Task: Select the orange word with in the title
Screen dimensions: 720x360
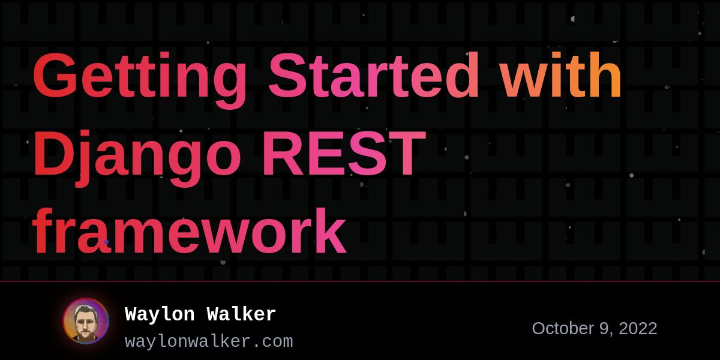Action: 561,74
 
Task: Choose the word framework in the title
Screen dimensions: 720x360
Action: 190,231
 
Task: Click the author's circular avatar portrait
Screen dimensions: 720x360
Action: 86,321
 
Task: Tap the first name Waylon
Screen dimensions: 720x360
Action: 160,314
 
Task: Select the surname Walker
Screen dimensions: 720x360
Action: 241,314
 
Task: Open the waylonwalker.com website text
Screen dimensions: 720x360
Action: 209,341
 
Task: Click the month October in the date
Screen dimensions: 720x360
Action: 563,329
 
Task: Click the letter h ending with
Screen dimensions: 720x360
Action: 606,74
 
